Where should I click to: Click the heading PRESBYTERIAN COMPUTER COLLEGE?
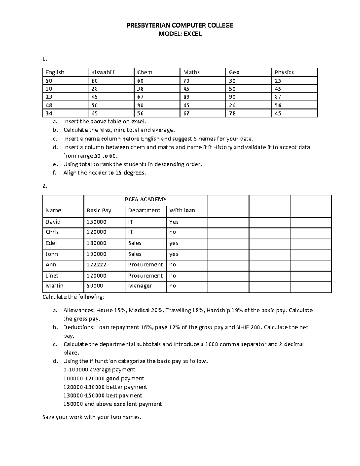pyautogui.click(x=180, y=26)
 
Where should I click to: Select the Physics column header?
pyautogui.click(x=284, y=72)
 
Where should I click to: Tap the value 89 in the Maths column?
pyautogui.click(x=187, y=97)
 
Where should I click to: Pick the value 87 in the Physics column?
pyautogui.click(x=278, y=97)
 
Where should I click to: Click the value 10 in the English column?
pyautogui.click(x=49, y=89)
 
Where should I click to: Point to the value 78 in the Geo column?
pyautogui.click(x=232, y=113)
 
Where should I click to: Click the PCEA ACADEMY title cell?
pyautogui.click(x=145, y=200)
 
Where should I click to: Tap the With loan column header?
pyautogui.click(x=182, y=211)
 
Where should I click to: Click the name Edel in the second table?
pyautogui.click(x=51, y=243)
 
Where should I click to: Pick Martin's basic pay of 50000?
pyautogui.click(x=94, y=286)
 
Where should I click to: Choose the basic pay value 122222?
pyautogui.click(x=96, y=265)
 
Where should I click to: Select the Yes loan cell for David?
pyautogui.click(x=174, y=222)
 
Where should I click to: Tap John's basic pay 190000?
pyautogui.click(x=96, y=254)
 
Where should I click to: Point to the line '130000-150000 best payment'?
pyautogui.click(x=103, y=395)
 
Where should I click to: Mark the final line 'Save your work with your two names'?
pyautogui.click(x=91, y=417)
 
